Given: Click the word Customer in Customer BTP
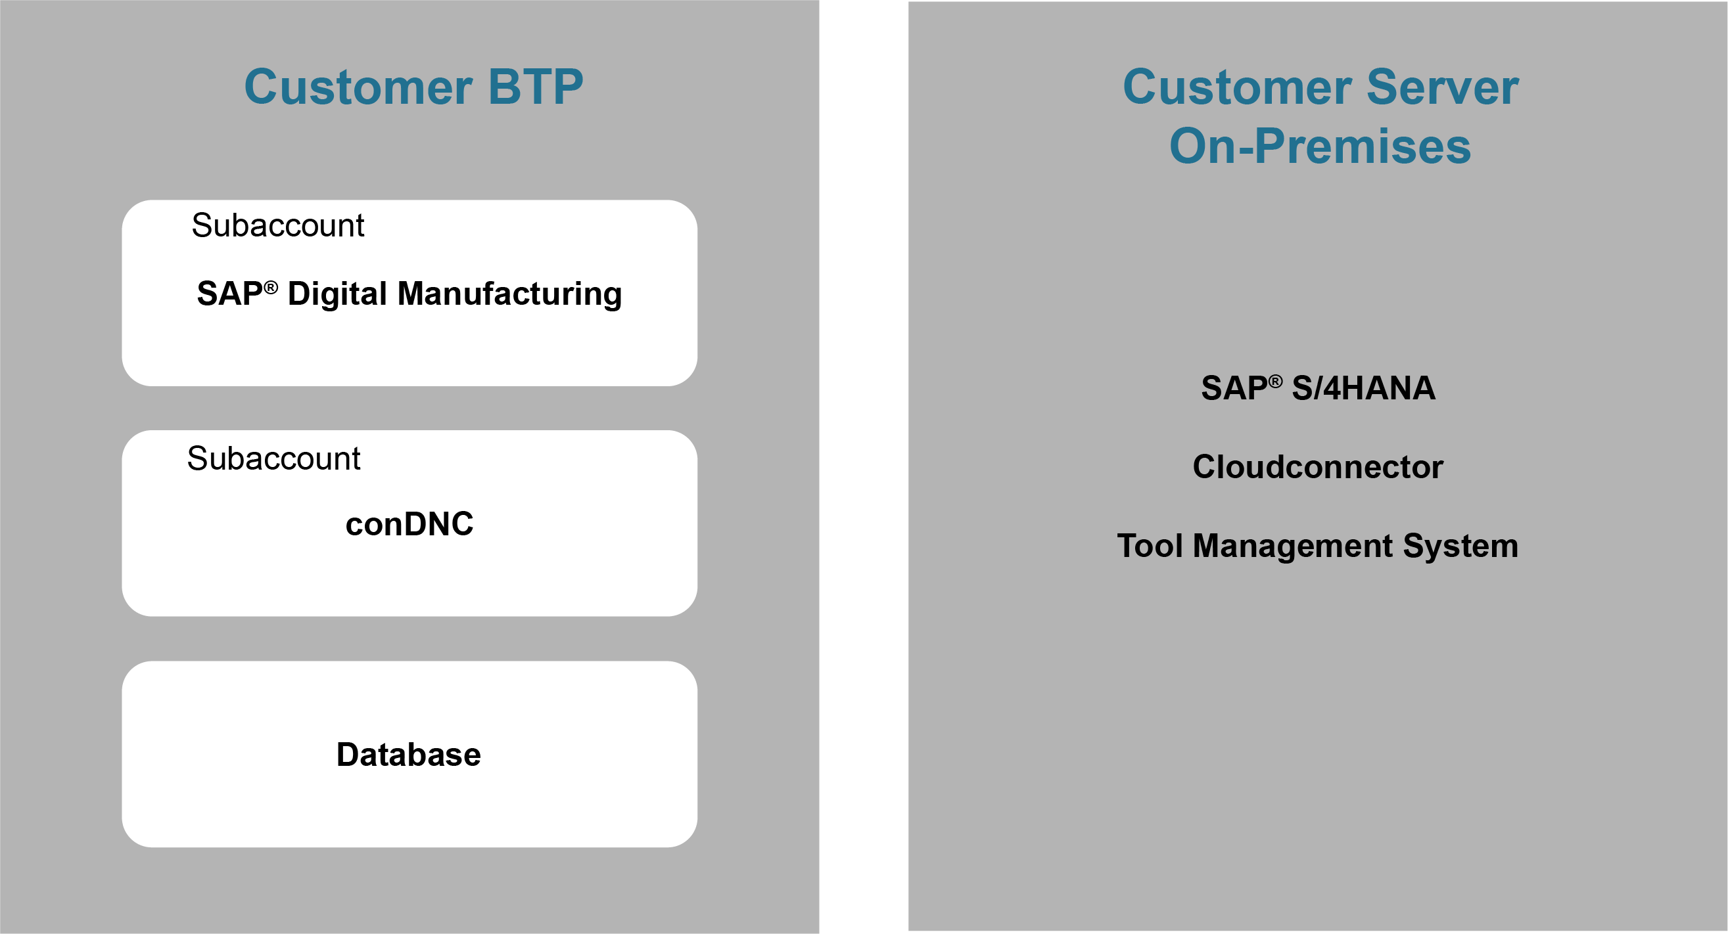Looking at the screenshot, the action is pyautogui.click(x=359, y=87).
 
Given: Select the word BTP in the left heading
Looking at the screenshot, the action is pyautogui.click(x=536, y=87).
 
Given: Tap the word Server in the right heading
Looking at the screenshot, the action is pyautogui.click(x=1442, y=87).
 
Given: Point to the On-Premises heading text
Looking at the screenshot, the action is pyautogui.click(x=1320, y=146).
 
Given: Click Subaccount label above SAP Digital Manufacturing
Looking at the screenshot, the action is pyautogui.click(x=278, y=225).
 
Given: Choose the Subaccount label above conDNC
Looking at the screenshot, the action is pyautogui.click(x=273, y=458).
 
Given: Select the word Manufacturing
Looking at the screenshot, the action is pyautogui.click(x=510, y=294).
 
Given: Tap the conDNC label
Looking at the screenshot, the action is pyautogui.click(x=409, y=524).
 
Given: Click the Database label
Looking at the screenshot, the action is pyautogui.click(x=409, y=755).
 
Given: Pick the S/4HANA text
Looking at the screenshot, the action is pyautogui.click(x=1364, y=388).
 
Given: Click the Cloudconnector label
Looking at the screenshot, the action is pyautogui.click(x=1318, y=466).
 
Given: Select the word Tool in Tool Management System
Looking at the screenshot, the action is pyautogui.click(x=1150, y=546).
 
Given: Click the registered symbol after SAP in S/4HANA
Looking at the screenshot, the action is pyautogui.click(x=1275, y=382).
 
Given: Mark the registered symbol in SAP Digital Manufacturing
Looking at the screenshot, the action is pyautogui.click(x=270, y=288).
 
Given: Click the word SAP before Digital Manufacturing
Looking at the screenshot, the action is pyautogui.click(x=230, y=294).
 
